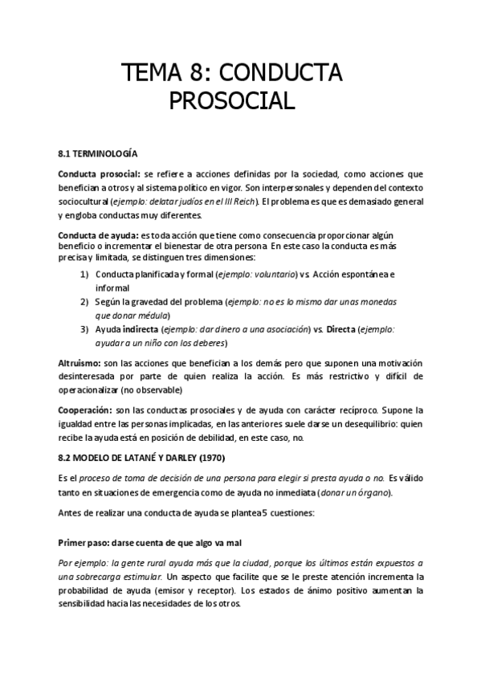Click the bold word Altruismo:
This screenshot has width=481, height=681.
[84, 363]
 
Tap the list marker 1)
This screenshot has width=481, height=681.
[84, 274]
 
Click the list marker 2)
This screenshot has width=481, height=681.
[84, 302]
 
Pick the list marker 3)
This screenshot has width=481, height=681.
[84, 329]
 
